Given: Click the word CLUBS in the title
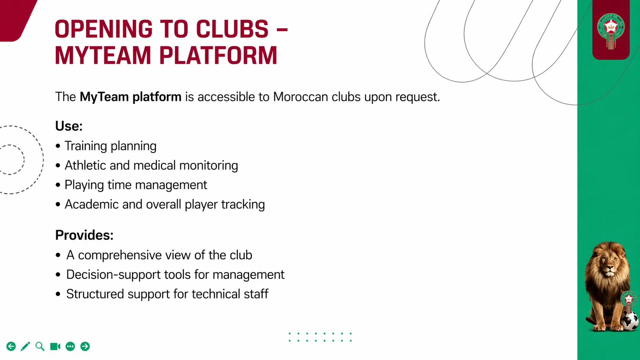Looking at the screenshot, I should (x=232, y=29).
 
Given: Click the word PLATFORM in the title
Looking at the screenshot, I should (x=218, y=56).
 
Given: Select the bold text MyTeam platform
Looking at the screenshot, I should (x=130, y=97).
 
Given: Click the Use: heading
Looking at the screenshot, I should (x=69, y=126).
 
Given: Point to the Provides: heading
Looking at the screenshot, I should (x=84, y=235).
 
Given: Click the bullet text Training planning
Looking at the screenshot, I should (x=110, y=146).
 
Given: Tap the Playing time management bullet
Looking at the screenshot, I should (x=136, y=185).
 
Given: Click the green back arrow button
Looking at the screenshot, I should (x=11, y=347).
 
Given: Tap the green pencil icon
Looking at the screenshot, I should (x=25, y=347).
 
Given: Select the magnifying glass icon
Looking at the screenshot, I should (x=40, y=347).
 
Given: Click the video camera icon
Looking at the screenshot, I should (x=55, y=347).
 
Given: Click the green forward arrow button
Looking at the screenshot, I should (x=85, y=347).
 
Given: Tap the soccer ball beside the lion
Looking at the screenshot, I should (x=629, y=321).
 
